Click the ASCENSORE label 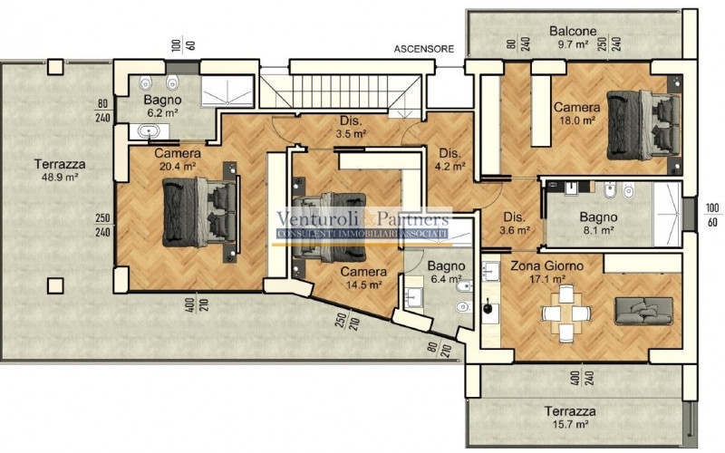424,49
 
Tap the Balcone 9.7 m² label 573,37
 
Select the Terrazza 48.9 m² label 60,170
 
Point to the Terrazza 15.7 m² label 570,418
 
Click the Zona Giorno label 547,265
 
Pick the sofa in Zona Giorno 643,311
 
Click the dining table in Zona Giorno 566,313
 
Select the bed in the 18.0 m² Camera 643,125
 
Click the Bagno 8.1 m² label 598,223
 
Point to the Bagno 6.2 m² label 162,106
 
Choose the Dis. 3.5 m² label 351,128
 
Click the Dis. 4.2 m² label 449,159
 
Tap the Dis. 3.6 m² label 514,223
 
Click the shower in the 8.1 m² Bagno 667,214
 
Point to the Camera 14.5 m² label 363,278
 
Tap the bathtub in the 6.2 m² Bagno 149,131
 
